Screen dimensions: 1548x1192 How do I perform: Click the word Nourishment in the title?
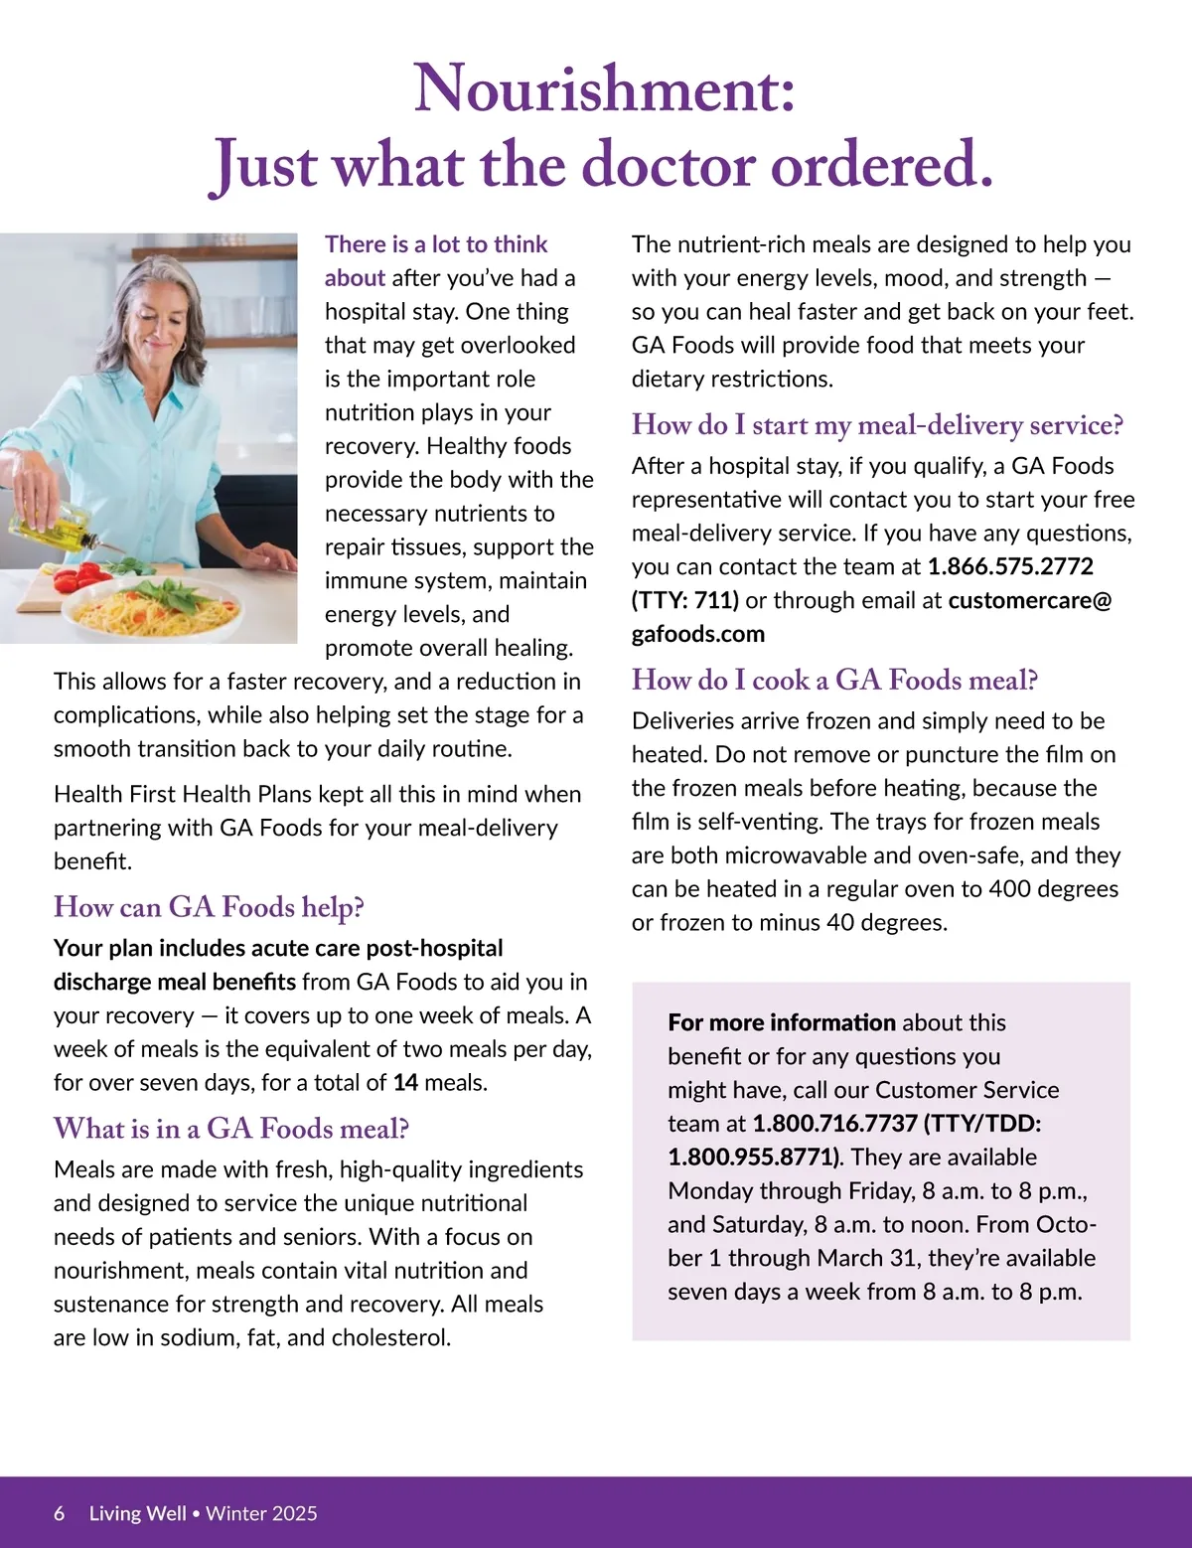(x=603, y=89)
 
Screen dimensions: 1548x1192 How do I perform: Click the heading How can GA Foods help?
(x=209, y=907)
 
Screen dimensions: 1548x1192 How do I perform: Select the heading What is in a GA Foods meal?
(x=231, y=1129)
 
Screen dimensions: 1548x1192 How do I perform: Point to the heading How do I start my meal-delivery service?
(x=877, y=425)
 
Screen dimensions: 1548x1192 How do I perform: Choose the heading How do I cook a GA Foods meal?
(x=834, y=681)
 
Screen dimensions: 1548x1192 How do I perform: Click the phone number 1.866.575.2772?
(x=1010, y=567)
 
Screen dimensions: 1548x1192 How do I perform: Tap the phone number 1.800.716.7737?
(x=834, y=1124)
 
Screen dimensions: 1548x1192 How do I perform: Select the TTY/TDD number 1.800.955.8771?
(x=751, y=1158)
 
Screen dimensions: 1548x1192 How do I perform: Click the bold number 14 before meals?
(x=405, y=1083)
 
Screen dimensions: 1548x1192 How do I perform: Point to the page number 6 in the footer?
(x=60, y=1513)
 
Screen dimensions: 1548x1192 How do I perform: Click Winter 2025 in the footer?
(x=262, y=1513)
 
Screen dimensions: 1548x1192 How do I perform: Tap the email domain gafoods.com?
(x=697, y=634)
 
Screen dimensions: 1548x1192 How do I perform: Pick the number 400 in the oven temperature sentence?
(x=1009, y=889)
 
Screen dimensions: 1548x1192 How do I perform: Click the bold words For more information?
(x=782, y=1022)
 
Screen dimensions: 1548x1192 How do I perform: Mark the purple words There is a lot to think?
(x=436, y=244)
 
